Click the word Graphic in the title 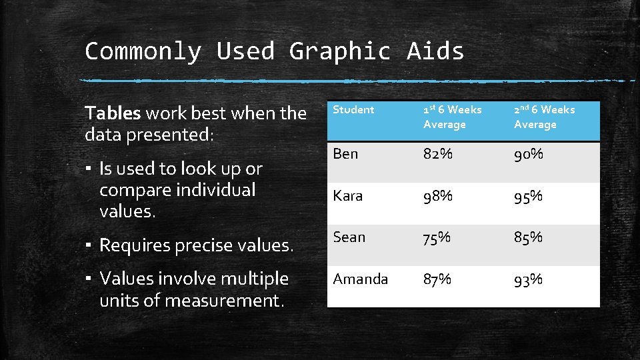[x=339, y=51]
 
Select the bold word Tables [x=113, y=113]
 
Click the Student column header [x=353, y=110]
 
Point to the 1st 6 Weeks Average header [x=452, y=117]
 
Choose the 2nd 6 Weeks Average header [x=544, y=117]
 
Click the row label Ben [x=345, y=154]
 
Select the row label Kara [x=347, y=196]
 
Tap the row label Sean [x=349, y=237]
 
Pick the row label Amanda [x=360, y=279]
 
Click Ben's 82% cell [x=437, y=154]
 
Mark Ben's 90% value [x=528, y=154]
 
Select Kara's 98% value [x=437, y=196]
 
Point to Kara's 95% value [x=528, y=196]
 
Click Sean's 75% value [x=437, y=237]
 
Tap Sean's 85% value [x=528, y=237]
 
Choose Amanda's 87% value [x=437, y=279]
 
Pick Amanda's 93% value [x=528, y=279]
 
